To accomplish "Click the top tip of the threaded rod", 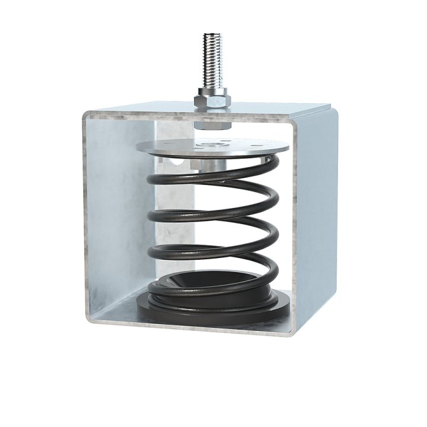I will tap(212, 35).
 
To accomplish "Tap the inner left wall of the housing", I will tap(116, 208).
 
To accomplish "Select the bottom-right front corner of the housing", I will tap(291, 333).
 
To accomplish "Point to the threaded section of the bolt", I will tap(212, 59).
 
